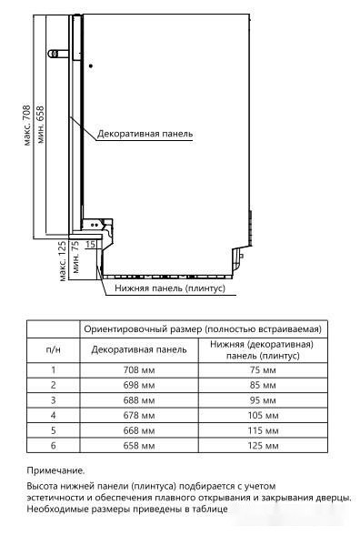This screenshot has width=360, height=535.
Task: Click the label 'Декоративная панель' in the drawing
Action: click(145, 133)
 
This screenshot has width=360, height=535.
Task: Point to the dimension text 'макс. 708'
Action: click(27, 125)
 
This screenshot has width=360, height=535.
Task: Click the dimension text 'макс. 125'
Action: click(63, 262)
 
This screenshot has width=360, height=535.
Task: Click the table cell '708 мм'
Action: click(139, 369)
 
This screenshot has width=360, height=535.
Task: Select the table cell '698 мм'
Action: click(139, 385)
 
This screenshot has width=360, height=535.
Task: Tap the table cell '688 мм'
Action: click(139, 400)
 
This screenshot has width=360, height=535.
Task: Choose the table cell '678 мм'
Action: click(139, 416)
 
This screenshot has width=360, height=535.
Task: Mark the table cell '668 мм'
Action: click(139, 430)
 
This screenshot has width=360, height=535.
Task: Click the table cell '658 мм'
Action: click(139, 446)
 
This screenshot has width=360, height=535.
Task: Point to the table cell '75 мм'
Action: click(261, 369)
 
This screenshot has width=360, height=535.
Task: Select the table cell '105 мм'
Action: click(261, 416)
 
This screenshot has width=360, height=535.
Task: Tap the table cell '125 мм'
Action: click(261, 446)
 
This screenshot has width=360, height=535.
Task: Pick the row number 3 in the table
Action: click(54, 400)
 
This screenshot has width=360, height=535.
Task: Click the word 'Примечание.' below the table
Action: click(55, 470)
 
